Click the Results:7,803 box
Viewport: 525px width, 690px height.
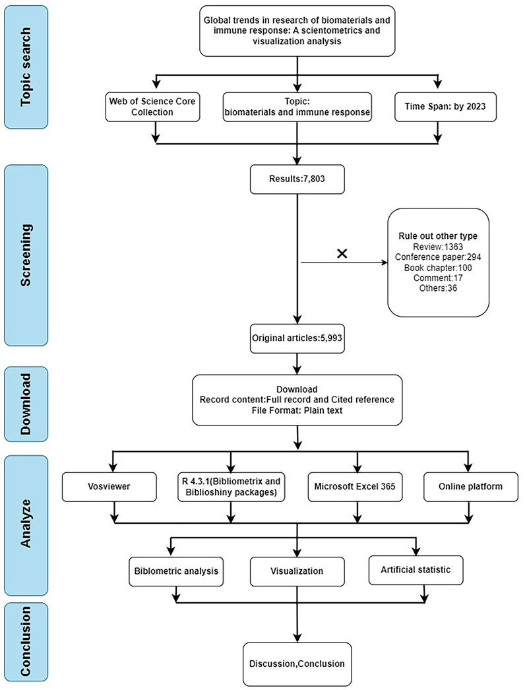pyautogui.click(x=297, y=179)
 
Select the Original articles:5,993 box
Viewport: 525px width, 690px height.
pyautogui.click(x=297, y=338)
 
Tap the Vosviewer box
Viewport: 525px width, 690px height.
pyautogui.click(x=109, y=487)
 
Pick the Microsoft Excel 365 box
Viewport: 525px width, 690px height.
pyautogui.click(x=355, y=487)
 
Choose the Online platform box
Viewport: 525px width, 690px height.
pyautogui.click(x=471, y=487)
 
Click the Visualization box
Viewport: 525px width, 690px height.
pyautogui.click(x=297, y=571)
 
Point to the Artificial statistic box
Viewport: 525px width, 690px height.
pyautogui.click(x=416, y=570)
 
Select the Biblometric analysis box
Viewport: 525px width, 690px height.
pyautogui.click(x=176, y=571)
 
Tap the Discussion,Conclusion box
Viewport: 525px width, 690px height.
pyautogui.click(x=297, y=664)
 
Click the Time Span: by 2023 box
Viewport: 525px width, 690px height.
pyautogui.click(x=445, y=106)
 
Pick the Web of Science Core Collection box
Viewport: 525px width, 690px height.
pyautogui.click(x=152, y=106)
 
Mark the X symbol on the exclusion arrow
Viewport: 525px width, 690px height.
pyautogui.click(x=342, y=253)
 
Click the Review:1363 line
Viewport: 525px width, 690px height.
pyautogui.click(x=438, y=247)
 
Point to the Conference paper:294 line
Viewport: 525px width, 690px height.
pyautogui.click(x=438, y=257)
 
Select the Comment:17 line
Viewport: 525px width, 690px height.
pyautogui.click(x=438, y=278)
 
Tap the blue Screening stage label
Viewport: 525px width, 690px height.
pyautogui.click(x=26, y=255)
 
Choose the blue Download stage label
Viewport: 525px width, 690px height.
pyautogui.click(x=26, y=404)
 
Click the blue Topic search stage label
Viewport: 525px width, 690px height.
pyautogui.click(x=26, y=67)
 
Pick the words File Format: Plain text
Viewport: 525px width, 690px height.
pyautogui.click(x=297, y=410)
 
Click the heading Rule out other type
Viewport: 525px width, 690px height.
pyautogui.click(x=438, y=236)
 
